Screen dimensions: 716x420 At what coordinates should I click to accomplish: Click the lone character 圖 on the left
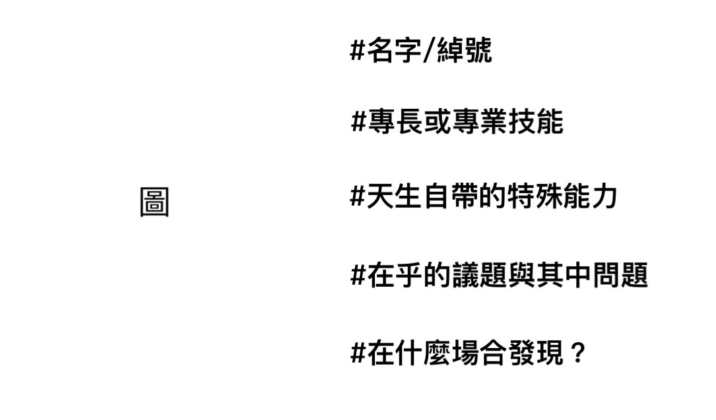(154, 202)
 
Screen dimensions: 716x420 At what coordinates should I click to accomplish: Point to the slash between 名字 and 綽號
(428, 51)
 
